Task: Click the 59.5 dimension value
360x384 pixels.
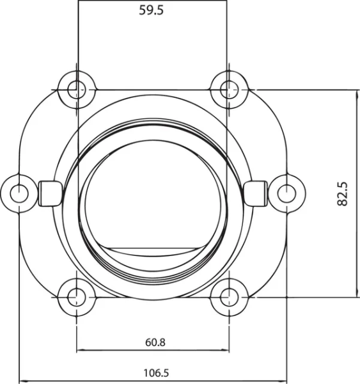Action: click(152, 10)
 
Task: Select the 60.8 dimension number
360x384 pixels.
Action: click(155, 342)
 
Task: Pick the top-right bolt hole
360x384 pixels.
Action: click(228, 88)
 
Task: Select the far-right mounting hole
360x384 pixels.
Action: click(286, 191)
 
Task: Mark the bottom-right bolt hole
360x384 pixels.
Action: click(228, 296)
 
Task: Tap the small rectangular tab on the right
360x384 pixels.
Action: click(256, 193)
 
